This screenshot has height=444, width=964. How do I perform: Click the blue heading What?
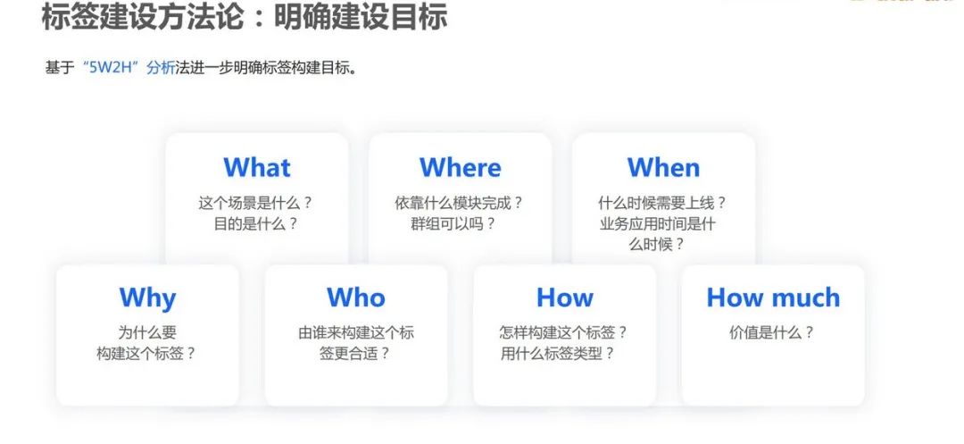click(x=257, y=167)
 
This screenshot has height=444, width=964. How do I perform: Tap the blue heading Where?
click(x=460, y=167)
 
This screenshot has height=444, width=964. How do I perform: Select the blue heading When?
click(x=663, y=167)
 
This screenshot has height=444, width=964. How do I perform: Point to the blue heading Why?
click(x=147, y=298)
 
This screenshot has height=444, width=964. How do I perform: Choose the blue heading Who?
click(x=356, y=297)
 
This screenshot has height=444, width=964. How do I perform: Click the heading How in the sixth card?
click(x=564, y=297)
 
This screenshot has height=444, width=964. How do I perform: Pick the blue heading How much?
click(x=773, y=297)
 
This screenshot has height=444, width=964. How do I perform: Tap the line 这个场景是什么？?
click(x=256, y=203)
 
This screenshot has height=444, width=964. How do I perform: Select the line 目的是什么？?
click(x=256, y=224)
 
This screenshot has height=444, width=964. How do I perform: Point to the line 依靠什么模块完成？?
click(x=460, y=203)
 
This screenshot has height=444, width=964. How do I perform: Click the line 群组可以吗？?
click(x=453, y=224)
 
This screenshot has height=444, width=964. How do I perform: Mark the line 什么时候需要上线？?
click(x=662, y=203)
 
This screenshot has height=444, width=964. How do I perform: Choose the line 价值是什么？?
click(x=772, y=332)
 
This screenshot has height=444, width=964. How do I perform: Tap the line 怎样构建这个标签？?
click(x=564, y=332)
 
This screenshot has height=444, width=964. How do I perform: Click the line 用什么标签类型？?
click(x=558, y=354)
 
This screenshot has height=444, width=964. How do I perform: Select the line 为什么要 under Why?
click(x=147, y=332)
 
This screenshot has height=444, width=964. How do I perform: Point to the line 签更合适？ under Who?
click(x=355, y=354)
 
